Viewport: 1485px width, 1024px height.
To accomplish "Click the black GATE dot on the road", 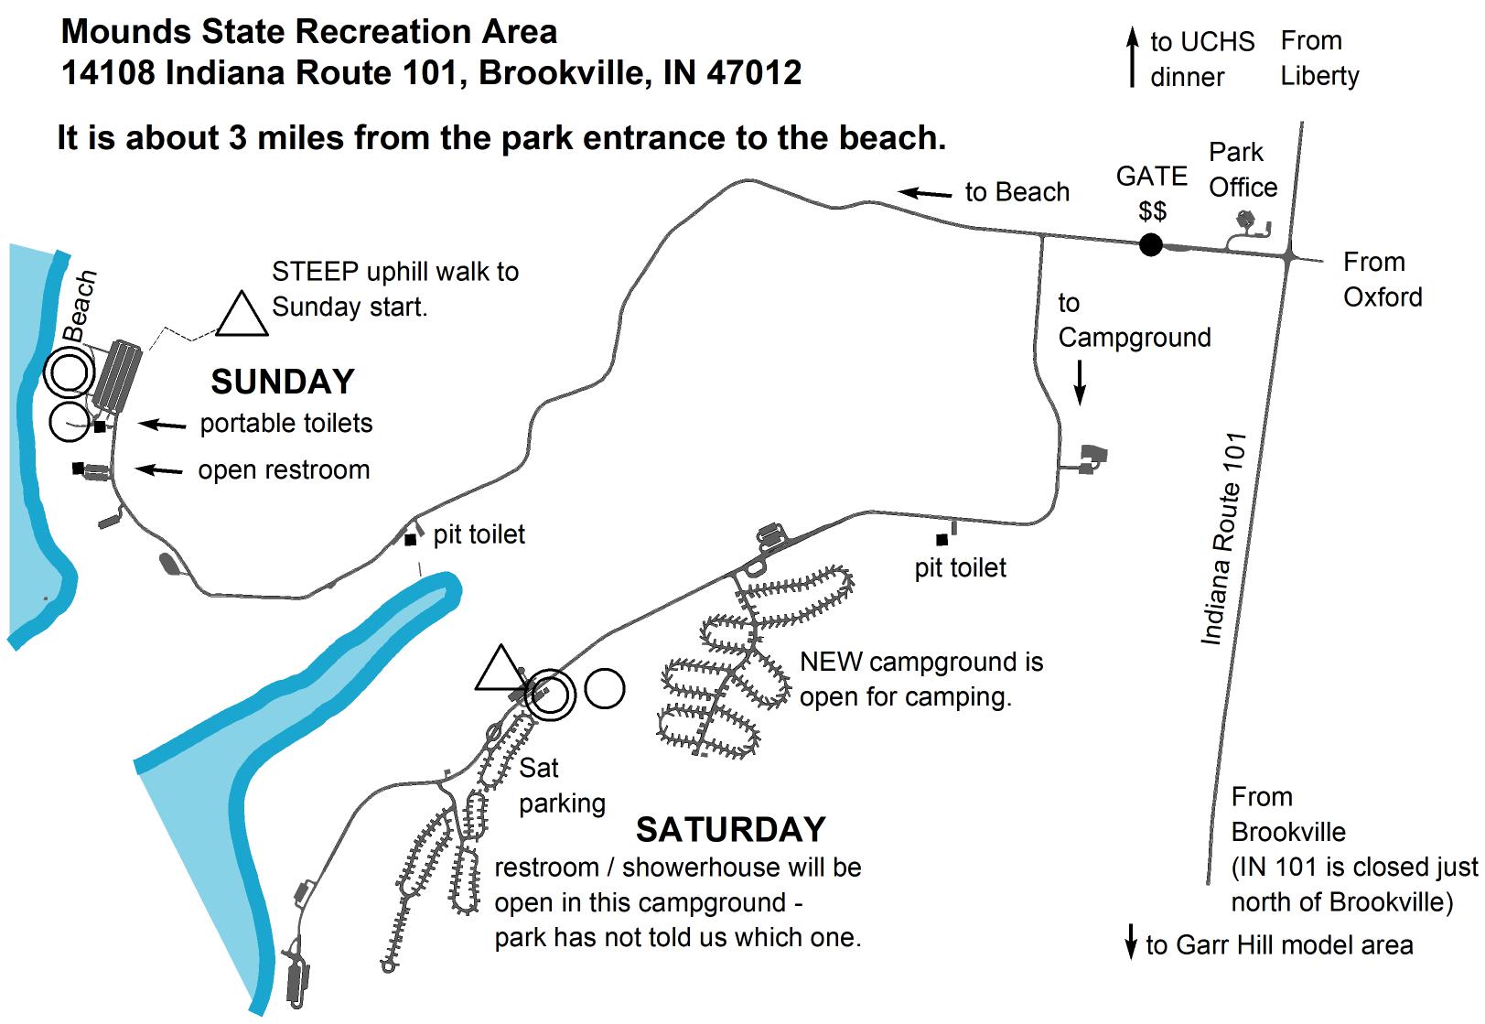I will (1150, 245).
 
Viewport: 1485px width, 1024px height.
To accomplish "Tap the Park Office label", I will (1242, 170).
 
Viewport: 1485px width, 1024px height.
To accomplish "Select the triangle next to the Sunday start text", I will (242, 315).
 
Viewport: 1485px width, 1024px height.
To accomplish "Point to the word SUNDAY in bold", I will (282, 382).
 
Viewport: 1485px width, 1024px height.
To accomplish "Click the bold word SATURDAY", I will (730, 829).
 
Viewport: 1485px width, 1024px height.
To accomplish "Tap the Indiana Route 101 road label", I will (1224, 539).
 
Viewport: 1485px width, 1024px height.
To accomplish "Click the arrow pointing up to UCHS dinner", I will (1133, 58).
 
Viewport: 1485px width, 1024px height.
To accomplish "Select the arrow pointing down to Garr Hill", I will (1131, 943).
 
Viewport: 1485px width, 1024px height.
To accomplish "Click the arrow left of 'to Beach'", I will (924, 193).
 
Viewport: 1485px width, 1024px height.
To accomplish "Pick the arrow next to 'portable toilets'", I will (161, 425).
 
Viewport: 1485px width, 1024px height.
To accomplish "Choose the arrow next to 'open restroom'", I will (159, 470).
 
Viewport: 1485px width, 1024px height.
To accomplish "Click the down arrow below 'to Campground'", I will (1080, 383).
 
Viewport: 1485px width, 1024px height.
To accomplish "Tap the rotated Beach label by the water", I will (81, 305).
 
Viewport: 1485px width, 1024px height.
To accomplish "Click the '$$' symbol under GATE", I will (1152, 211).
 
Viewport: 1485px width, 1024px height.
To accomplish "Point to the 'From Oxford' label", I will (1382, 279).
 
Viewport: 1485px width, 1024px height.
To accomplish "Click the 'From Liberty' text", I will (1318, 59).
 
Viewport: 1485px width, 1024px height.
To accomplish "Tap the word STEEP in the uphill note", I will (315, 272).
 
